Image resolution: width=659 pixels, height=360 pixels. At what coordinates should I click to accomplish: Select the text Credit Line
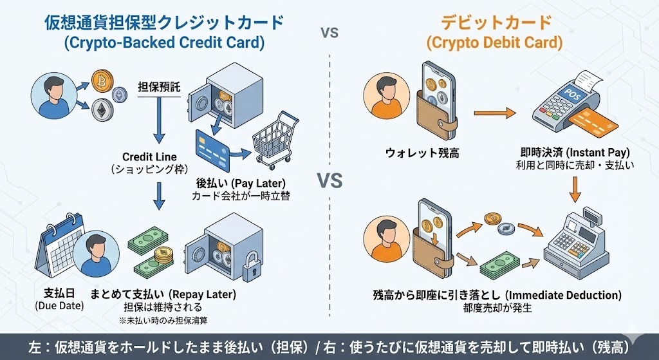149,156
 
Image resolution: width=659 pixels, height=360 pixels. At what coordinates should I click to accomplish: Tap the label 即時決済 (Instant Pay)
575,153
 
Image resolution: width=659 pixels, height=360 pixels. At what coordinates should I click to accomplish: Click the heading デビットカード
496,23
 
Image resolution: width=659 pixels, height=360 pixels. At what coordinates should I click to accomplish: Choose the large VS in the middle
329,181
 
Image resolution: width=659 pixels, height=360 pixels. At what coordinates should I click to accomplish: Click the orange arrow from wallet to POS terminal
495,114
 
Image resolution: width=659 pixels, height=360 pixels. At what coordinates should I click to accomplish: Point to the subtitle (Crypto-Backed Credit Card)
164,44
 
